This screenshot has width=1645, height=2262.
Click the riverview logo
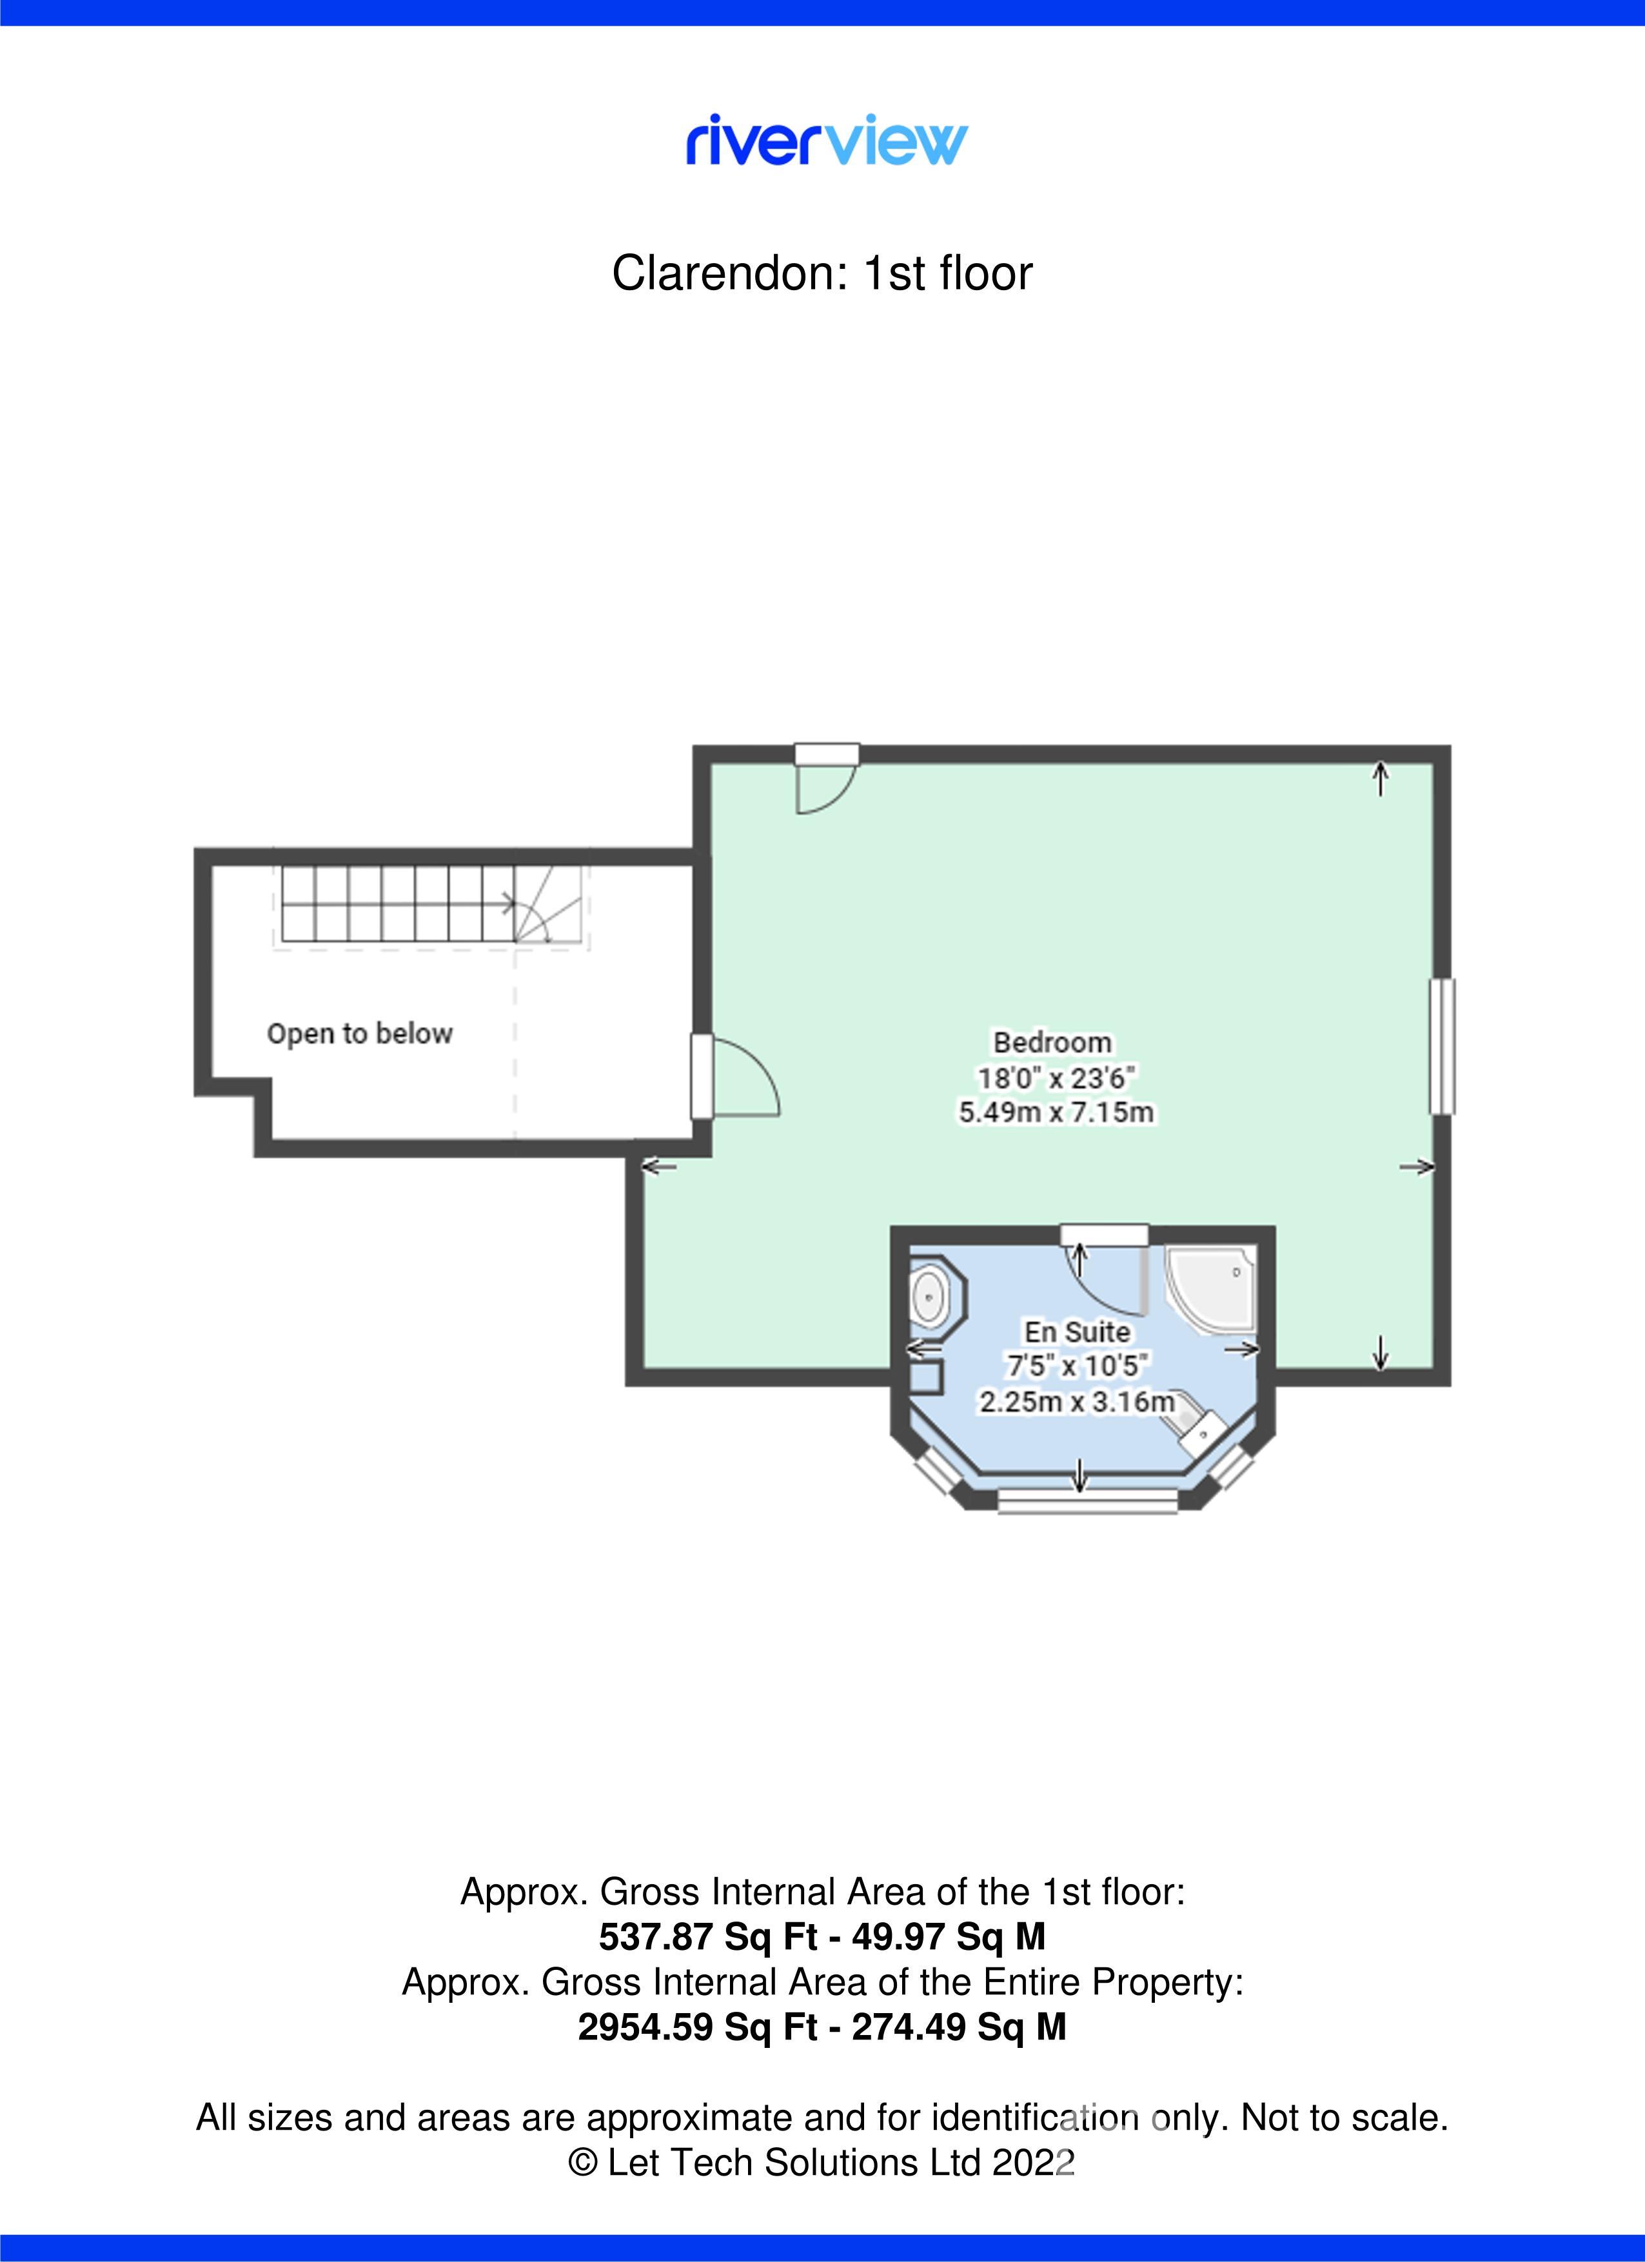click(826, 141)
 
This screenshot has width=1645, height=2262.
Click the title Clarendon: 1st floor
click(822, 273)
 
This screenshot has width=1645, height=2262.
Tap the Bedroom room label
click(1052, 1042)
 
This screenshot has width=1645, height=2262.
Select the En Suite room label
click(1078, 1332)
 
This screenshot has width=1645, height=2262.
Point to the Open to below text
click(360, 1033)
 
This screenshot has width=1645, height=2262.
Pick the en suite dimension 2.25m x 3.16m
click(1078, 1401)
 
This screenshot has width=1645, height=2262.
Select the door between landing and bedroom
click(736, 1076)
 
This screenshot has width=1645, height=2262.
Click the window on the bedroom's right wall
click(1443, 1047)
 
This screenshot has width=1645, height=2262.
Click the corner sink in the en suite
click(1205, 1425)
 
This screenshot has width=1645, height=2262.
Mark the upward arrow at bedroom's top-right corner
click(1381, 777)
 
